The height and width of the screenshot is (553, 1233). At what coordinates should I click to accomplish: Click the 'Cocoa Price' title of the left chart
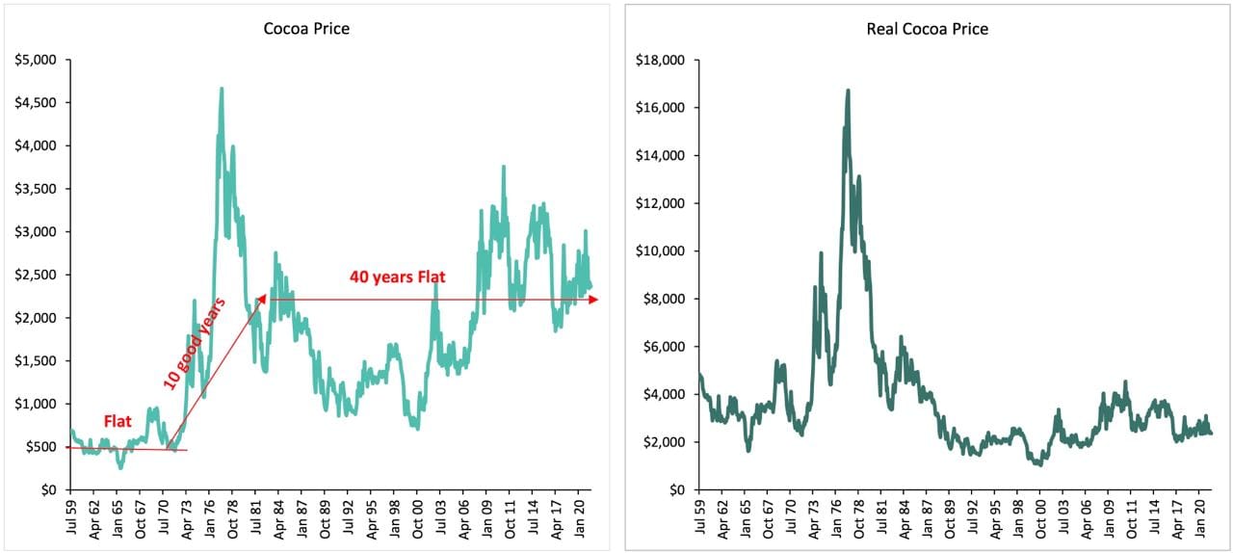(306, 29)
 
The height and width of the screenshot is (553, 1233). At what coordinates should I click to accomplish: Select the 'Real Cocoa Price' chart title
(927, 29)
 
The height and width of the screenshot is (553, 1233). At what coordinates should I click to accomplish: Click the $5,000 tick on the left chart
(37, 60)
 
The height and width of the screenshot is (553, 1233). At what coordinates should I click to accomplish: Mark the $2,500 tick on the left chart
(37, 275)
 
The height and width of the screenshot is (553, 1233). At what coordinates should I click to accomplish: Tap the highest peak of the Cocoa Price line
(222, 89)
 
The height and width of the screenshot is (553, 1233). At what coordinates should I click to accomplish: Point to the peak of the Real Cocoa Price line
(848, 91)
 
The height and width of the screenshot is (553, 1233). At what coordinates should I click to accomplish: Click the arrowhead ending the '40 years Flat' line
(594, 300)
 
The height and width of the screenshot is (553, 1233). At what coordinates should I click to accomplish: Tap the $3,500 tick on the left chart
(37, 189)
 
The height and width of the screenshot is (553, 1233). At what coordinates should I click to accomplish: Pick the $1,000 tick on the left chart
(37, 404)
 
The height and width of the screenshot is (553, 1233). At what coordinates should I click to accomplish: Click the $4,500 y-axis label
(37, 103)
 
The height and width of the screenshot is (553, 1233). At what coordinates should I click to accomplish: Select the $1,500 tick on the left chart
(37, 360)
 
